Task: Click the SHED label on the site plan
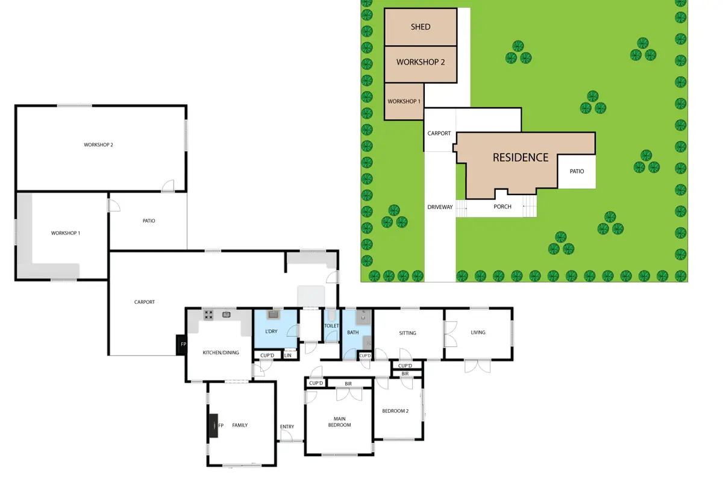[x=421, y=27]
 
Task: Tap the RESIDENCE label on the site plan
[x=521, y=157]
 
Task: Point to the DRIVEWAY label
[x=440, y=207]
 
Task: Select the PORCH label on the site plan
[x=502, y=207]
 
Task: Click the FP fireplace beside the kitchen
[x=181, y=345]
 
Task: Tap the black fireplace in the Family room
[x=213, y=425]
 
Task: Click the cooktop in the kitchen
[x=208, y=315]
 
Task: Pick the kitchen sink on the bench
[x=227, y=314]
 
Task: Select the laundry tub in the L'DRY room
[x=274, y=314]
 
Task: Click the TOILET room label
[x=331, y=326]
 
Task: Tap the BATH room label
[x=353, y=332]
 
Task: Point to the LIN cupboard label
[x=287, y=355]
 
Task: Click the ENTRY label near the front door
[x=287, y=427]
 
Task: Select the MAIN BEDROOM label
[x=339, y=422]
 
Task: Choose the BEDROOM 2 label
[x=395, y=411]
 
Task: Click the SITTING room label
[x=407, y=333]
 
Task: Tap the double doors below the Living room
[x=477, y=366]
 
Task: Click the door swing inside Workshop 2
[x=168, y=186]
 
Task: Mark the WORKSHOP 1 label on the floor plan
[x=66, y=233]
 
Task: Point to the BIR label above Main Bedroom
[x=348, y=384]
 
